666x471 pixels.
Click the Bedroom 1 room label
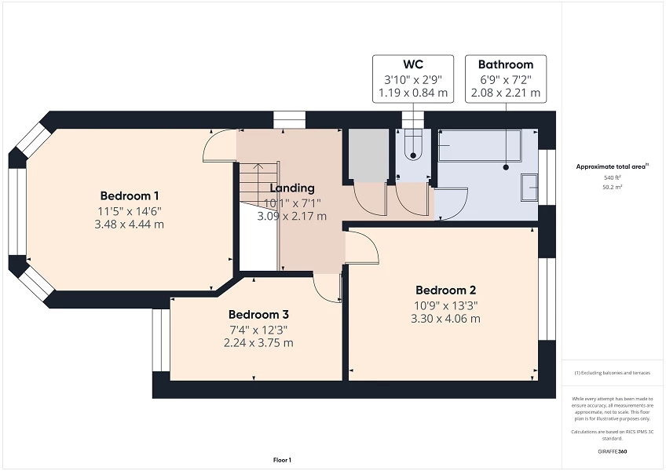pos(130,195)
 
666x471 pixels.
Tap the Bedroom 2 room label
pos(445,290)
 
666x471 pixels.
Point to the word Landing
pos(292,188)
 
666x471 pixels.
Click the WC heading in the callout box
pos(413,64)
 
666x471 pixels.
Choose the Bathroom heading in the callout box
pos(505,64)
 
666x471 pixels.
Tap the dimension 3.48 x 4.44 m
pos(130,225)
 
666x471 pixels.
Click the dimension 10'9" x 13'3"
pos(445,305)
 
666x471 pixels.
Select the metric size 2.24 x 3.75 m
pos(258,343)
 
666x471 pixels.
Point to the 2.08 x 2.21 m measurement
pos(505,93)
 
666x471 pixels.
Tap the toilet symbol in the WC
pos(413,147)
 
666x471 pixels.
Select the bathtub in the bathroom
pos(479,147)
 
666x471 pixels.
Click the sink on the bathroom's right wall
pos(531,187)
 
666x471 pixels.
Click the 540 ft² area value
pos(613,178)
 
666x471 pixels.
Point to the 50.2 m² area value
pos(613,188)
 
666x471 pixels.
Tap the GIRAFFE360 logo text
pos(613,451)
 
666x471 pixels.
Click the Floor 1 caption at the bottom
pos(282,459)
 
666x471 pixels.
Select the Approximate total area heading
pos(613,166)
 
